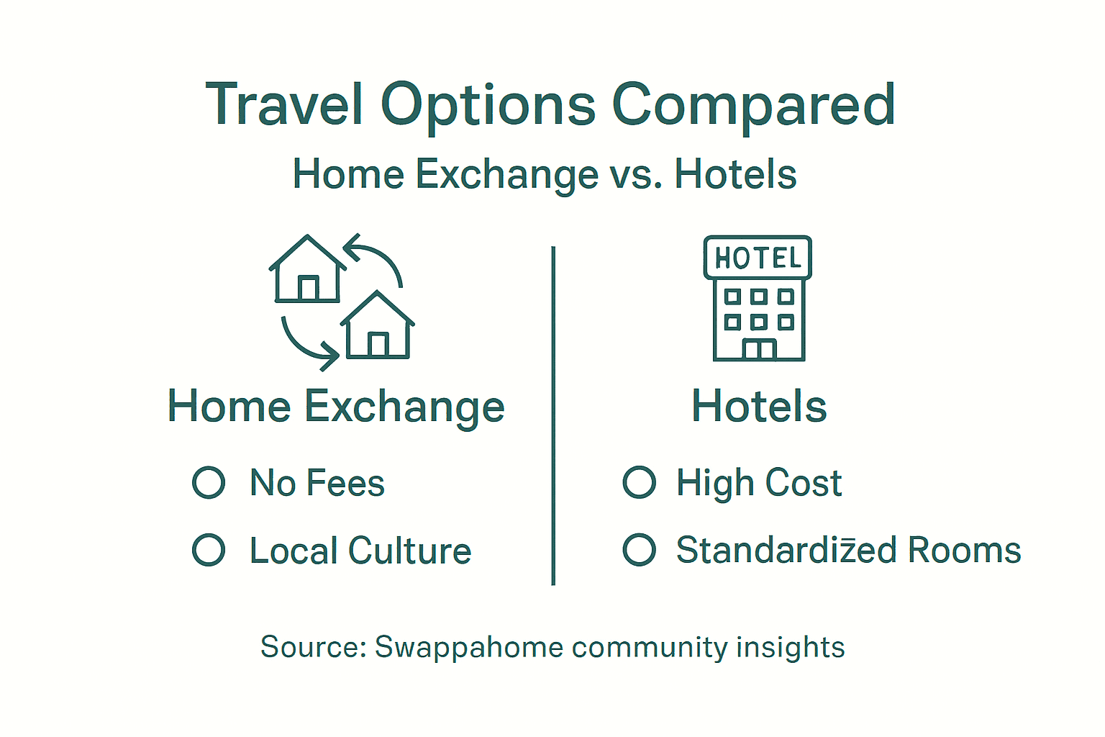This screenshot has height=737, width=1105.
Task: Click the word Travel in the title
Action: (x=284, y=105)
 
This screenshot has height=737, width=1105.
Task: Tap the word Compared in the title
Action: (x=753, y=105)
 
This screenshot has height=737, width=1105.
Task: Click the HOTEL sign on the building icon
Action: (x=758, y=258)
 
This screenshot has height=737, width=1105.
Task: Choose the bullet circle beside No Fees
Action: (x=209, y=482)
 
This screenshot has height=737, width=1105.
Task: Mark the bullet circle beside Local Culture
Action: (x=209, y=550)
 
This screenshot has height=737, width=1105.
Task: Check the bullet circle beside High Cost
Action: (x=639, y=482)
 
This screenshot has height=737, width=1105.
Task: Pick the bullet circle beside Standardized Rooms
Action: (x=639, y=550)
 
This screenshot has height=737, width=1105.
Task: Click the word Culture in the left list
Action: (x=410, y=551)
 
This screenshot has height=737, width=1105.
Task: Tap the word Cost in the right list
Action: (x=804, y=483)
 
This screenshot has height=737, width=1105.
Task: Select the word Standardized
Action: (x=786, y=551)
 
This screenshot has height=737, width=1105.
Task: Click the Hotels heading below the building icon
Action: (x=759, y=407)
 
